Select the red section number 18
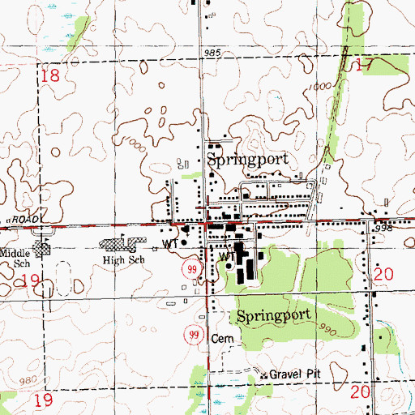(50, 76)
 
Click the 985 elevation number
(212, 53)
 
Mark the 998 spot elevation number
(395, 230)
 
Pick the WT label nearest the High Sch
(169, 242)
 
